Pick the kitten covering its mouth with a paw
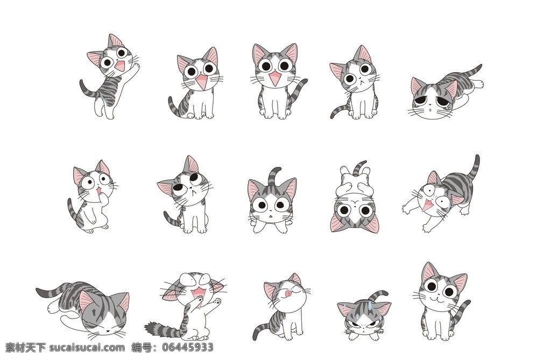click(92, 197)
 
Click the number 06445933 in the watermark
click(188, 348)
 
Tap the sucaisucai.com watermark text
click(87, 348)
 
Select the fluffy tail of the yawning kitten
click(164, 328)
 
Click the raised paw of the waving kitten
click(136, 67)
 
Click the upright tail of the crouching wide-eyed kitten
click(274, 176)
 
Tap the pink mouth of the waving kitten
click(120, 66)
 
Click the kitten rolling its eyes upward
click(186, 195)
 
